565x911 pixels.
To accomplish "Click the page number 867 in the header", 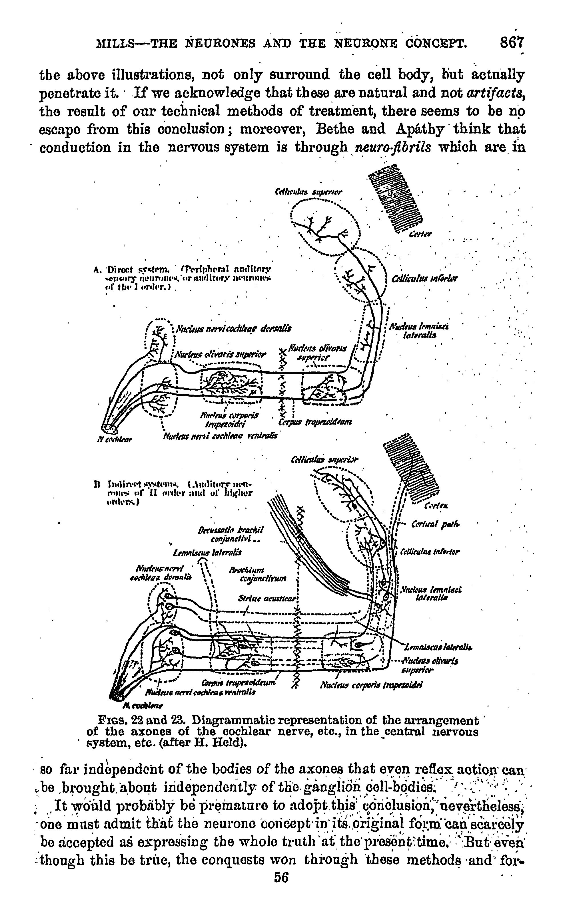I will point(512,43).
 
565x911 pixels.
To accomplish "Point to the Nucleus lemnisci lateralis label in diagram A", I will point(419,331).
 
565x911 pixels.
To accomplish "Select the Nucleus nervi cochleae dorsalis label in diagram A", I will point(234,329).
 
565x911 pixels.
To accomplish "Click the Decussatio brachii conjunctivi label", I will point(231,534).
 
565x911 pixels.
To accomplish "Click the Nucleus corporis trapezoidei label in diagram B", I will point(372,685).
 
